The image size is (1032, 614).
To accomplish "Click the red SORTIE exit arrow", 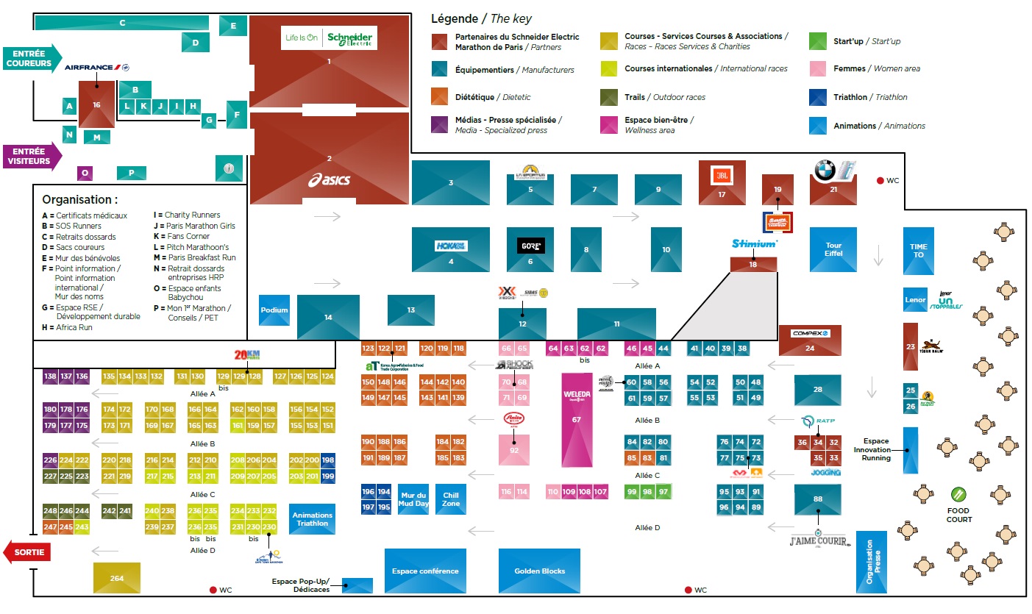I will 27,552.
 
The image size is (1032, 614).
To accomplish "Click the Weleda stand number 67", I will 577,419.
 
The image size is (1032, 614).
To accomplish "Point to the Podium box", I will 274,310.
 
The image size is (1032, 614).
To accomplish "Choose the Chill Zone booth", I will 451,499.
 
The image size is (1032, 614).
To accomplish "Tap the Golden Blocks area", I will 541,571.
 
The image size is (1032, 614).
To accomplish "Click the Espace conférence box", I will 425,571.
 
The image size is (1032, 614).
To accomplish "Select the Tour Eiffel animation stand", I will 833,249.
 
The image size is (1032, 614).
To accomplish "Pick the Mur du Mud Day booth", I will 413,499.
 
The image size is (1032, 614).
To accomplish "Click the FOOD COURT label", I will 958,514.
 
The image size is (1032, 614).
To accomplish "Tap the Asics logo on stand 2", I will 329,179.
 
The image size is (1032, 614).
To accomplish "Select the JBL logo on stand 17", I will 722,175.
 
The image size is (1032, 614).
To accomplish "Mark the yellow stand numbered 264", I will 117,578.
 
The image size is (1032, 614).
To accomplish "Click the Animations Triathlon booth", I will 313,519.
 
